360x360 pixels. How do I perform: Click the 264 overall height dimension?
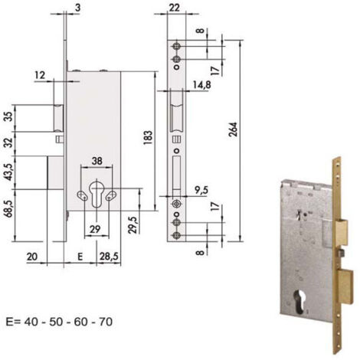click(x=233, y=129)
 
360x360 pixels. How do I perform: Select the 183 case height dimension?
click(x=148, y=138)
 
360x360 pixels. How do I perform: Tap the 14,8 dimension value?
click(x=201, y=84)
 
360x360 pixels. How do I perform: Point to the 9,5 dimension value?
click(x=201, y=190)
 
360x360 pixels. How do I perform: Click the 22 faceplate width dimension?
click(x=174, y=8)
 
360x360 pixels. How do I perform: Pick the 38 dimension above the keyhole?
click(x=97, y=161)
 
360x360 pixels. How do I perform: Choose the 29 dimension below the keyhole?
click(x=95, y=229)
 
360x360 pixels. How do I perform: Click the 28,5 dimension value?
click(x=110, y=256)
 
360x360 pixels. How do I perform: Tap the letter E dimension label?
click(x=80, y=257)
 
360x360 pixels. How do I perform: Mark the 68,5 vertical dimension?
click(x=9, y=208)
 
